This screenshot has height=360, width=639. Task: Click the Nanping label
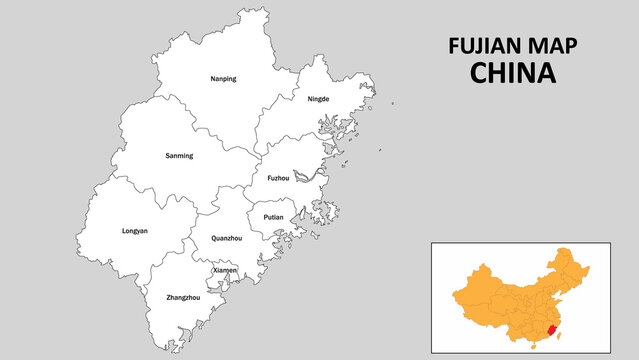click(223, 78)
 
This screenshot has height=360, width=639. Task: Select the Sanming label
click(179, 156)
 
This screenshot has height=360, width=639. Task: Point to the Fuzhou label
click(278, 178)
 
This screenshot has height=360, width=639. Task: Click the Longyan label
click(134, 231)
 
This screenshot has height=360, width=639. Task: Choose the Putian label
click(273, 217)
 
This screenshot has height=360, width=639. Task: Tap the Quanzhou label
click(225, 238)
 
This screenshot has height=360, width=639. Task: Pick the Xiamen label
click(225, 270)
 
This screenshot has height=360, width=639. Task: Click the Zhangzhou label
click(183, 297)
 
